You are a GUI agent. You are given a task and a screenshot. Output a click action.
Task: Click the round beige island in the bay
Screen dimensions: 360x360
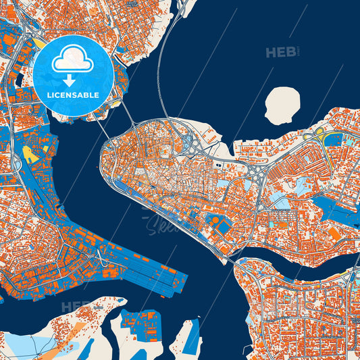pos(282,105)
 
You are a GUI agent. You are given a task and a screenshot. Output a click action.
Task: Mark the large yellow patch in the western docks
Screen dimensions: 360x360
pos(30,155)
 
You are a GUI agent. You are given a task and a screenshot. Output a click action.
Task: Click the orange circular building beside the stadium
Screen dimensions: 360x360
pos(214,220)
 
